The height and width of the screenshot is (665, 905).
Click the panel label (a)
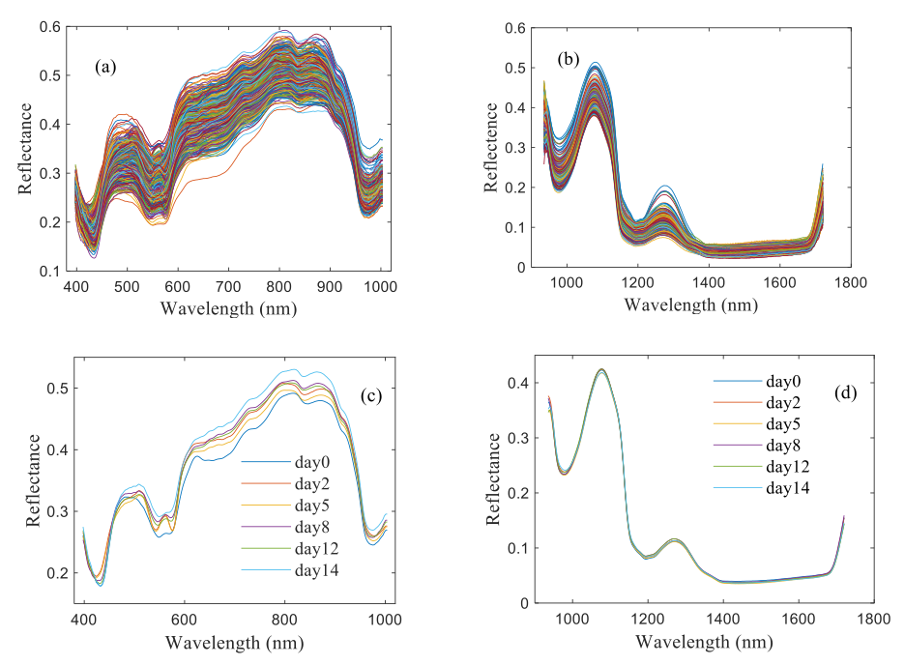(x=105, y=67)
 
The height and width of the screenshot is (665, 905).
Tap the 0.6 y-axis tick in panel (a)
(x=51, y=27)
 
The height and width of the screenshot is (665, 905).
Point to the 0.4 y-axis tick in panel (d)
(x=522, y=383)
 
